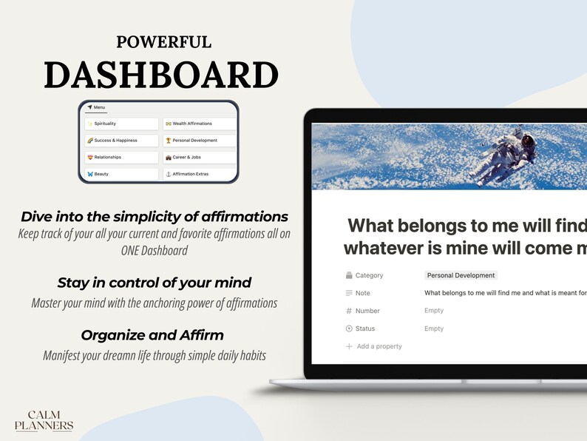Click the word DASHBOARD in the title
(x=160, y=75)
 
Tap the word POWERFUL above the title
(x=163, y=42)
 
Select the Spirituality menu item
(x=121, y=124)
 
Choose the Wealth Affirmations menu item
(x=200, y=124)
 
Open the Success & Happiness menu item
(x=121, y=141)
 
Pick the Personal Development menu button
(x=200, y=141)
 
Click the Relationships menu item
(x=121, y=157)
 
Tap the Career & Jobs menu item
(x=200, y=157)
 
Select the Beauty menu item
(x=121, y=174)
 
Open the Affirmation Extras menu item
(x=200, y=174)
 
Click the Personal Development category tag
(x=461, y=275)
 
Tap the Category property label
(x=369, y=275)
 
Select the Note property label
(x=362, y=293)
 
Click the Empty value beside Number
(x=434, y=311)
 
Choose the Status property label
(x=364, y=329)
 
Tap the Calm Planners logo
(x=44, y=420)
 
